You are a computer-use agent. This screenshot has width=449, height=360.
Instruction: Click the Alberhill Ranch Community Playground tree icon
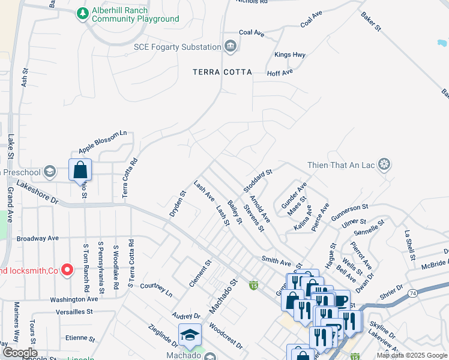pos(82,12)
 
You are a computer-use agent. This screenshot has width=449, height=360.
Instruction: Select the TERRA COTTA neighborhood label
pos(222,72)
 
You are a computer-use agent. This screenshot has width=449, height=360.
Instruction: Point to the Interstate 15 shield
pos(254,284)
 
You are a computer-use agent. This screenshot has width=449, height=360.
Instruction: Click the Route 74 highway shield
pos(412,293)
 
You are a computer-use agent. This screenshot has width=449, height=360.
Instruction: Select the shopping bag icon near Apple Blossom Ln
pos(80,171)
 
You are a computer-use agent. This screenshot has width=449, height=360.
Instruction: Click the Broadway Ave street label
pos(38,238)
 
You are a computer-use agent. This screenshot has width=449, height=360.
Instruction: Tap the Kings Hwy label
pos(290,55)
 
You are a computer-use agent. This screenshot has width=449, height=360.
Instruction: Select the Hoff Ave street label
pos(280,72)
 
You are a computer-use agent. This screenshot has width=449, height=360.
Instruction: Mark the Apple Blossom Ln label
pos(103,141)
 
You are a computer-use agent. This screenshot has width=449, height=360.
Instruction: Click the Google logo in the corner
pos(20,353)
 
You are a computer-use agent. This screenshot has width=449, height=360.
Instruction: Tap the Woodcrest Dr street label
pos(226,338)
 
